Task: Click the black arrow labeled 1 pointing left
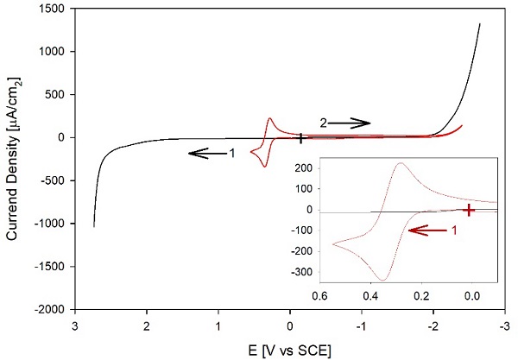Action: pos(205,153)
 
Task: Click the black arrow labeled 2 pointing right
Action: pos(351,123)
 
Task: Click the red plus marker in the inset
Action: pos(469,210)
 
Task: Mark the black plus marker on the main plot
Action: pos(300,137)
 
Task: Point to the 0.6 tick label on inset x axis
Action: pos(319,294)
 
